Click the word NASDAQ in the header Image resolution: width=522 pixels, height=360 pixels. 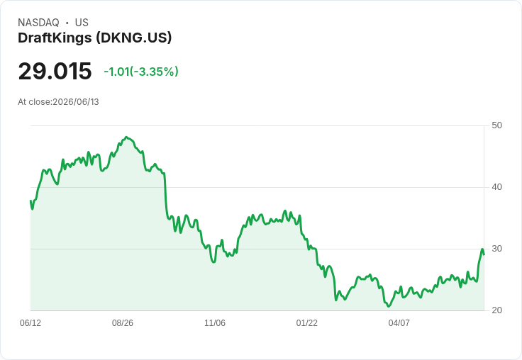tap(38, 23)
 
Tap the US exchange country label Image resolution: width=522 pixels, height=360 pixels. tap(82, 23)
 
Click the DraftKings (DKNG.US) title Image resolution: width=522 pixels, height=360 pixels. tap(95, 38)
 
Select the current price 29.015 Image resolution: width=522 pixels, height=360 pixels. tap(55, 71)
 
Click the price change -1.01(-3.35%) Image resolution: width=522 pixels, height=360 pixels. tap(141, 72)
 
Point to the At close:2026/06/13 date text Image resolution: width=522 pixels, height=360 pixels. tap(58, 102)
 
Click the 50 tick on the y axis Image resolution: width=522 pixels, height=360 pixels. tap(496, 125)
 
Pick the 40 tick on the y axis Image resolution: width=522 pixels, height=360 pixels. tap(496, 187)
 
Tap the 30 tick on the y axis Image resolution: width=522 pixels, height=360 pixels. tap(496, 249)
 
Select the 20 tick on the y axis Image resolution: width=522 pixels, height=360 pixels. tap(496, 310)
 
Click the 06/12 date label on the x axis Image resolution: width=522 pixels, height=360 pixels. tap(30, 322)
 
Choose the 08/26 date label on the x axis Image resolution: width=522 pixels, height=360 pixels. tap(123, 322)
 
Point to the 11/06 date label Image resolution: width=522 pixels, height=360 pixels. tap(215, 322)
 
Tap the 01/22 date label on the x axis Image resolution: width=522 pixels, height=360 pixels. tap(307, 322)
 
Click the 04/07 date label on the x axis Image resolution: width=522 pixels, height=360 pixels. tap(399, 322)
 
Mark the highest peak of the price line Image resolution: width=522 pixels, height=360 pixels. tap(126, 137)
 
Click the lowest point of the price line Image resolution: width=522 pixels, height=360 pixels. tap(388, 306)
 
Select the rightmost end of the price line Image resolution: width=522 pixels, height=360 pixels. tap(484, 254)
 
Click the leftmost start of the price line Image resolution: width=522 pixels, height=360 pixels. tap(30, 201)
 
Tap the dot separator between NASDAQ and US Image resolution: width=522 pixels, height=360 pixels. tap(67, 23)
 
